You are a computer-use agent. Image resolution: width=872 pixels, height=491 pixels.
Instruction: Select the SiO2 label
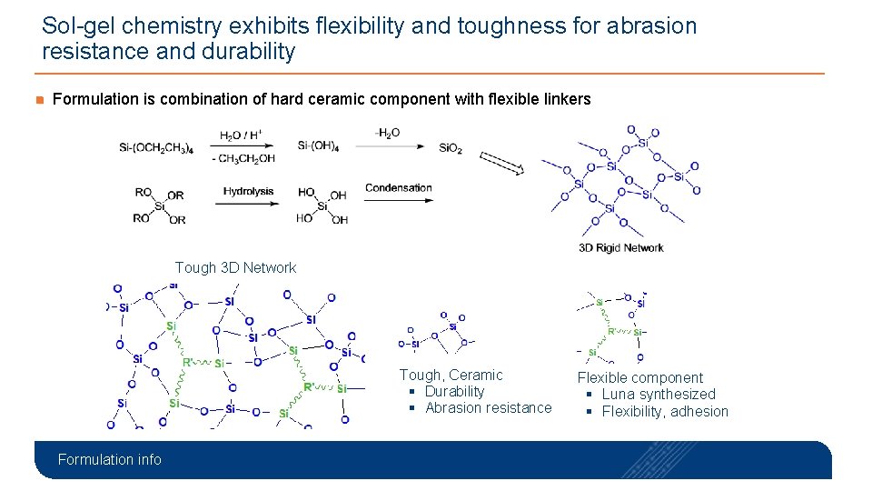[451, 148]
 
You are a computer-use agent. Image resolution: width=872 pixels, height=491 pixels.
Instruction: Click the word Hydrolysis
[248, 191]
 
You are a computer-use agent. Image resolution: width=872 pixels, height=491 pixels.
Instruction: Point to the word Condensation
[398, 188]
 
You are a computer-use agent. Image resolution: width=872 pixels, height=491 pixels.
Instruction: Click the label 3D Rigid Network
[620, 247]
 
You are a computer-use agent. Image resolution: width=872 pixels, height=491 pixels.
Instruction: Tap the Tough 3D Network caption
[235, 267]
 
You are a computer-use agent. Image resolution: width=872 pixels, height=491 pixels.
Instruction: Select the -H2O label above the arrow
[387, 133]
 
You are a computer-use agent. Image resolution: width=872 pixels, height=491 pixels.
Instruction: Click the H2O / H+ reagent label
[241, 135]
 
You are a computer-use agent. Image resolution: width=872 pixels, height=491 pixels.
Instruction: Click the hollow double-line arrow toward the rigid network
[502, 163]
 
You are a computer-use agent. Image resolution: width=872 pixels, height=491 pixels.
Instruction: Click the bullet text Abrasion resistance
[488, 407]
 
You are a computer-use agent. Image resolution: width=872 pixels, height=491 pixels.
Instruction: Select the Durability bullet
[454, 391]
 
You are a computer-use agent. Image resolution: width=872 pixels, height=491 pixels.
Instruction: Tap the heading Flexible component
[640, 377]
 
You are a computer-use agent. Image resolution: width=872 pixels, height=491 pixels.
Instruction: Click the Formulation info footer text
[109, 459]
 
